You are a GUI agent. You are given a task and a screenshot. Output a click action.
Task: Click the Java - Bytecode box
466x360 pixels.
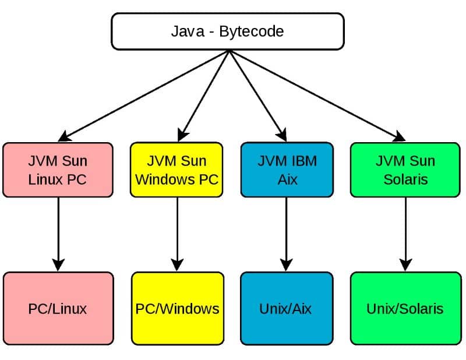(x=227, y=31)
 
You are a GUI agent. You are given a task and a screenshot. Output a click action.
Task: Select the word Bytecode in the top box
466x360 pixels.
(x=252, y=31)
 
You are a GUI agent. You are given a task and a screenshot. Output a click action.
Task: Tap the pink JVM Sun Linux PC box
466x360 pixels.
(x=57, y=170)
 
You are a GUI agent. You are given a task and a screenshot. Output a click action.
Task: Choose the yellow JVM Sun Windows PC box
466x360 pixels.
(x=176, y=170)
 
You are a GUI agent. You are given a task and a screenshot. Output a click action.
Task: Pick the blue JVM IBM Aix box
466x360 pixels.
(x=287, y=170)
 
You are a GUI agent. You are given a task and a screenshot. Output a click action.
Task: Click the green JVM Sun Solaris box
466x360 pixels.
(x=405, y=170)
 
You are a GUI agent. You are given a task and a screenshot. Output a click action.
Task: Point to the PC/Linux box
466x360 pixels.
(x=57, y=308)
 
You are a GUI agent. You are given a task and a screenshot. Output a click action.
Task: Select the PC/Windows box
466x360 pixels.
(x=177, y=308)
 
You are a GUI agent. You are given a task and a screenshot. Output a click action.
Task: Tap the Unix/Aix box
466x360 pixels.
(x=285, y=308)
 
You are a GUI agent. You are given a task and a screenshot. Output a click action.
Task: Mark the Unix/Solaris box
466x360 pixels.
(x=405, y=308)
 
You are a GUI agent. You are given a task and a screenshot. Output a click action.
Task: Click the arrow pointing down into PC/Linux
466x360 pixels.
(x=57, y=233)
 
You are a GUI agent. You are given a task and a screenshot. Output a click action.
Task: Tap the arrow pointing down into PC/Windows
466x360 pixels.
(x=177, y=233)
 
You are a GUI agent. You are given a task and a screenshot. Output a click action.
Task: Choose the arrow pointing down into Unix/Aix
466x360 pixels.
(x=286, y=233)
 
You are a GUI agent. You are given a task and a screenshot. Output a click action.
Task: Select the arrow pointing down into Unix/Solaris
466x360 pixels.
(x=405, y=233)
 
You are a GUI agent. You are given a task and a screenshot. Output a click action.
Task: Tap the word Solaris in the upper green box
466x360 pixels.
(x=405, y=179)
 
